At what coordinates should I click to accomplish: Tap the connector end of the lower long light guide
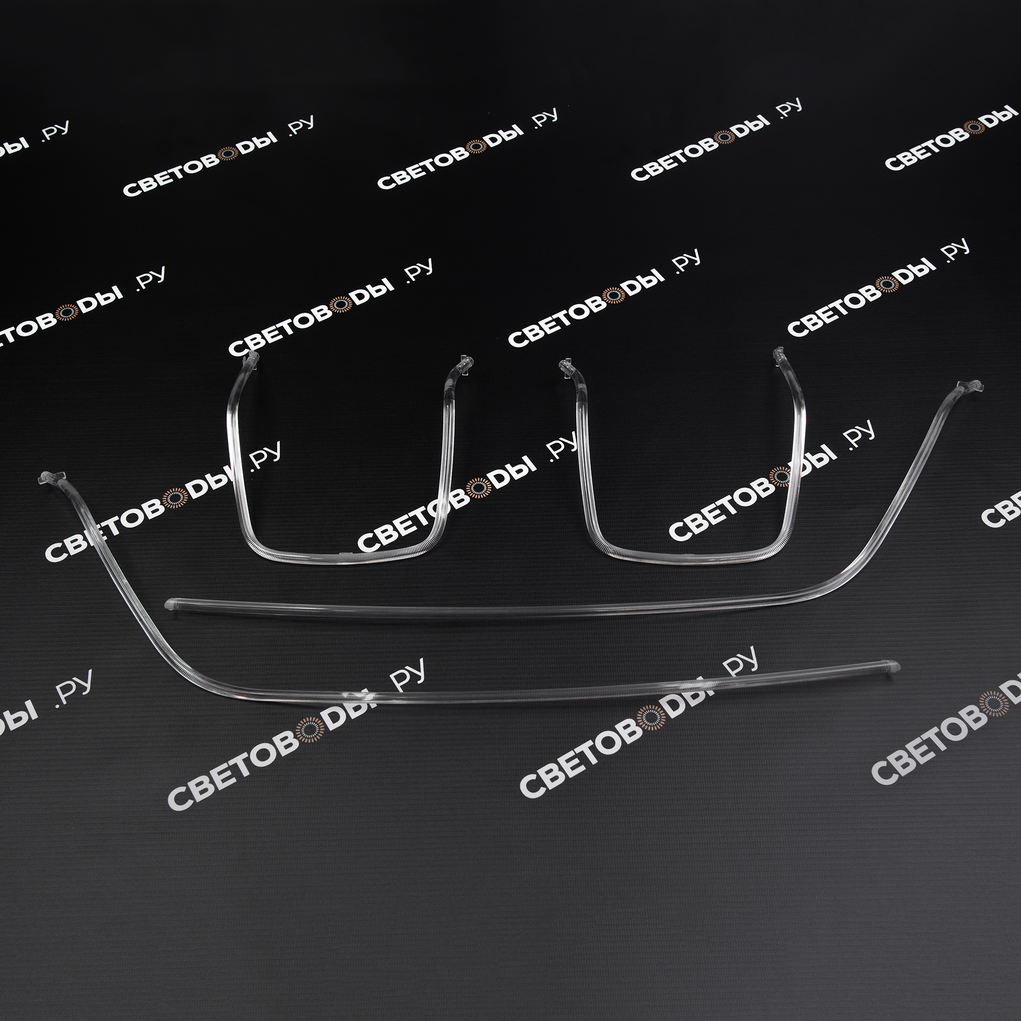[47, 478]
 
